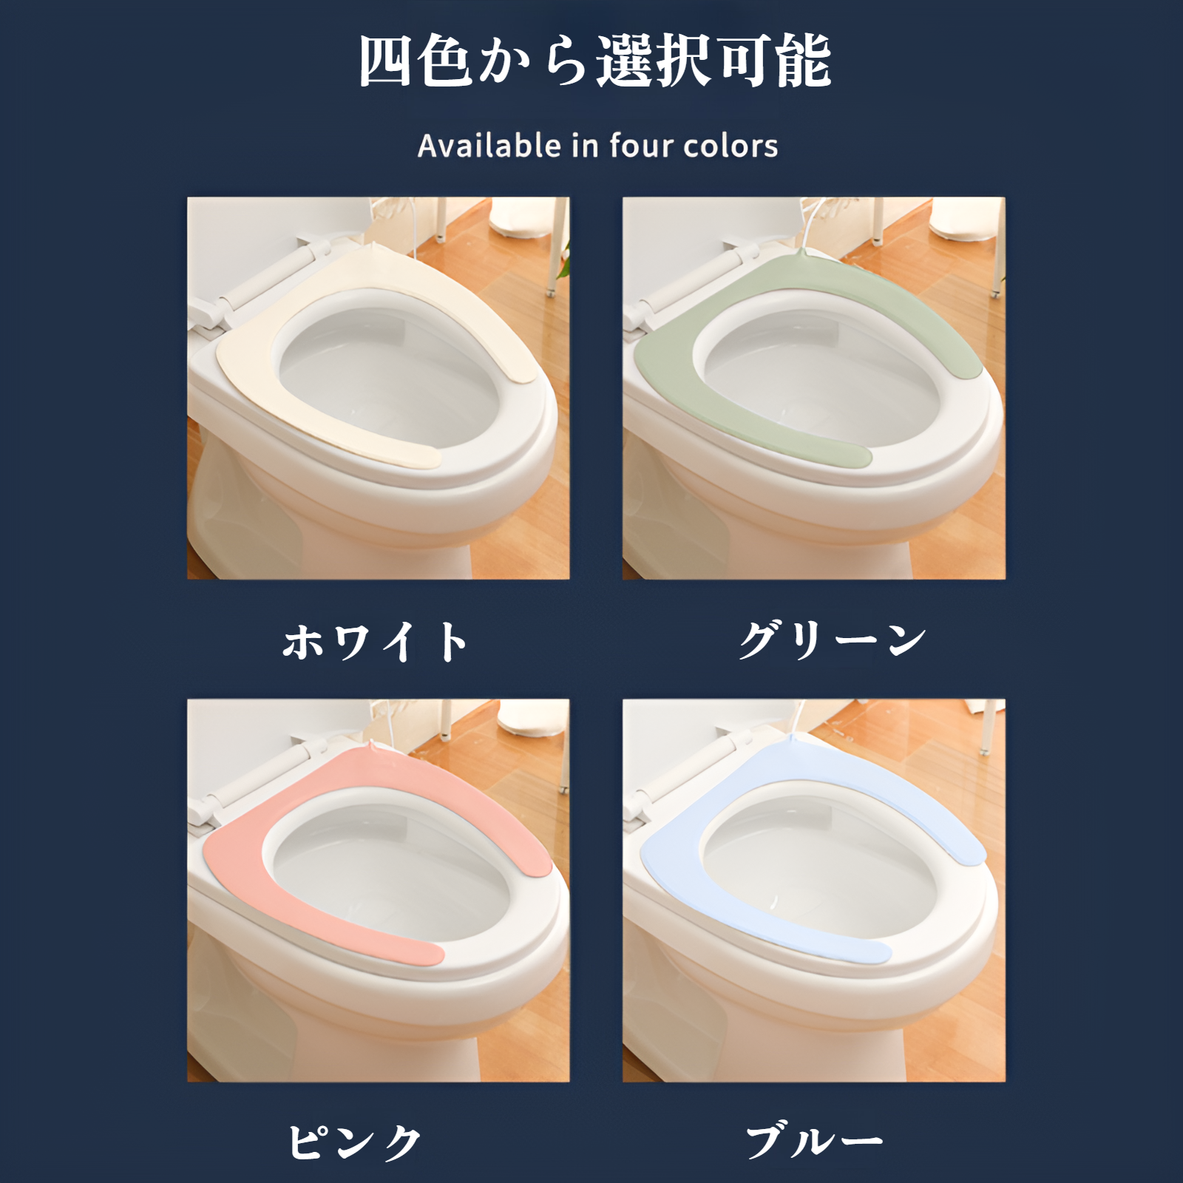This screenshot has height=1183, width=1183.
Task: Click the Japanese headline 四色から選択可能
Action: (x=595, y=62)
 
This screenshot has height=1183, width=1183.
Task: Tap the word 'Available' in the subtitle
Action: (x=489, y=146)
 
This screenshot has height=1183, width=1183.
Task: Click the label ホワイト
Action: (x=376, y=641)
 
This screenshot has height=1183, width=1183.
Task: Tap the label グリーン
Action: (x=833, y=640)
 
